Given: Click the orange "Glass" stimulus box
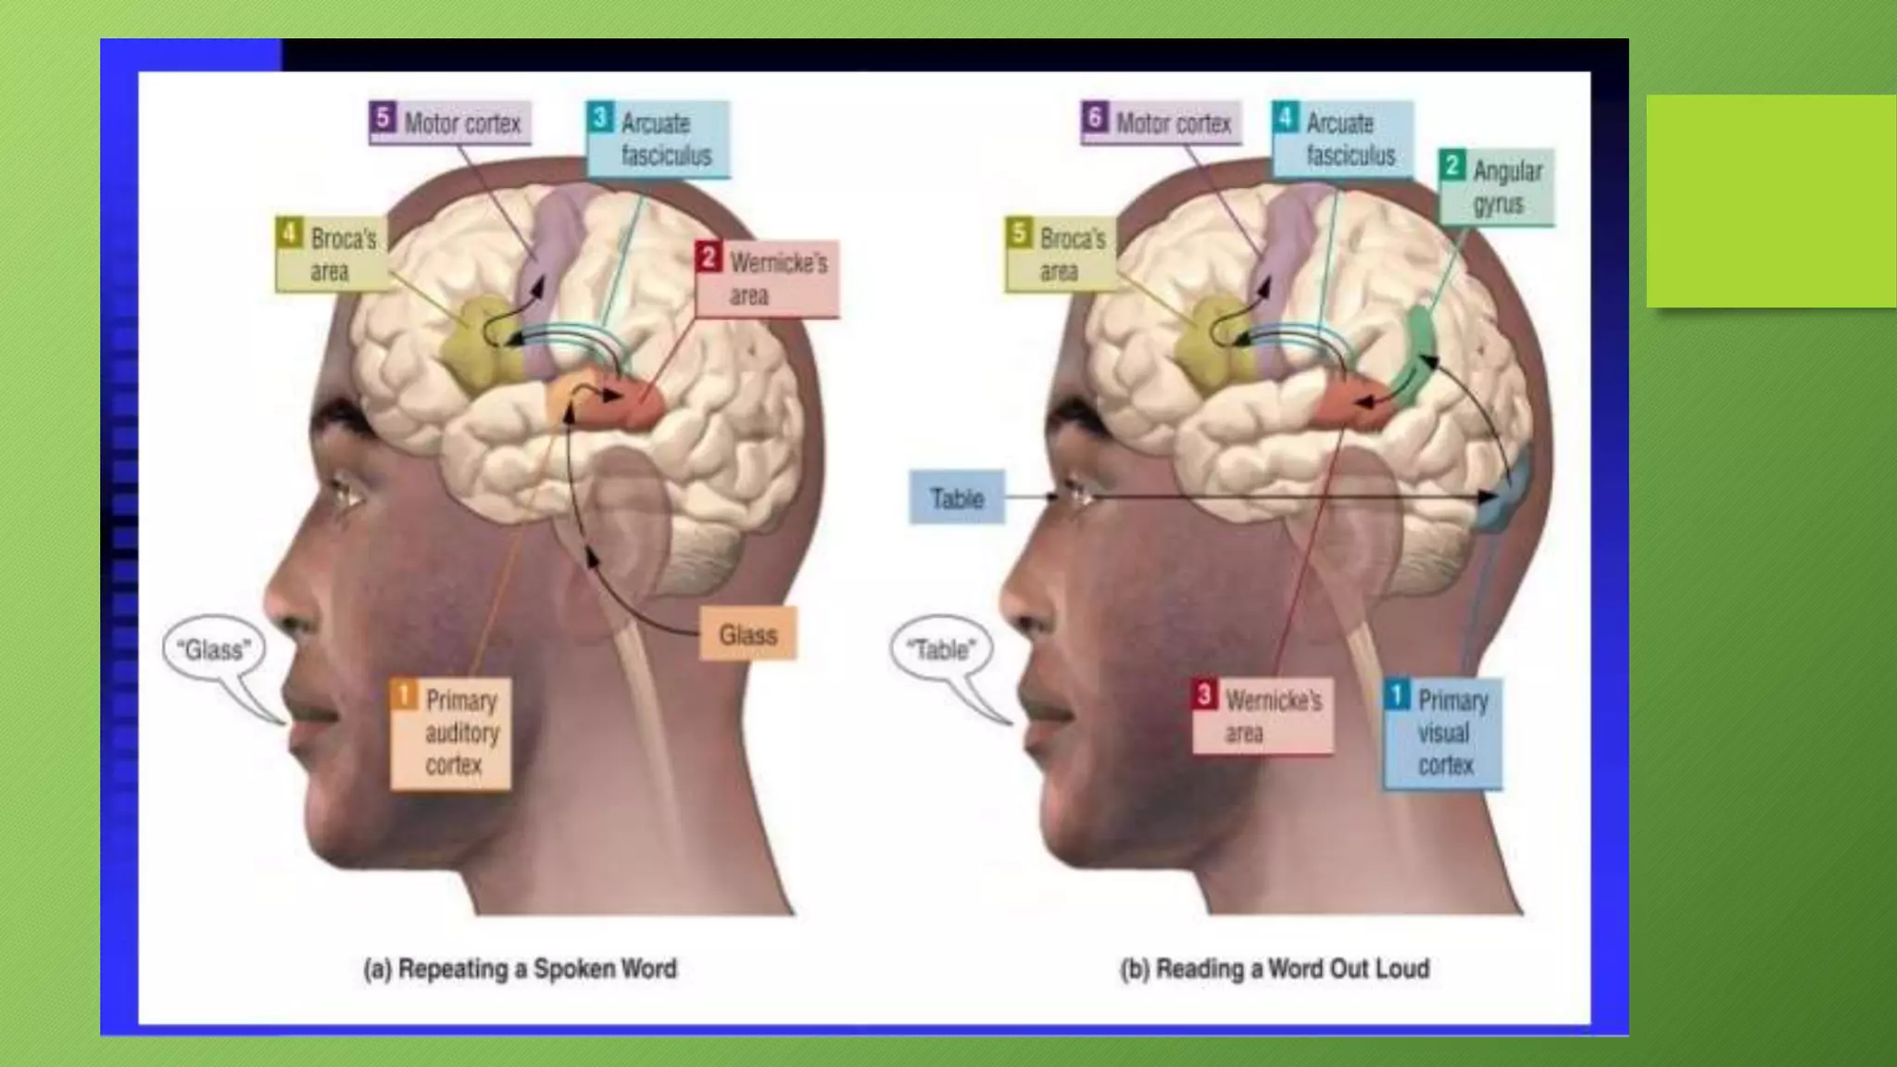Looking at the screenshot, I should [747, 634].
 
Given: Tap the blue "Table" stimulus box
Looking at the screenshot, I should [957, 498].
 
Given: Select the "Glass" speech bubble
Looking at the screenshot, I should [214, 649].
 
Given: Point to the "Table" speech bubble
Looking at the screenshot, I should [941, 649].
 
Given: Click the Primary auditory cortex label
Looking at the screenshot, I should [451, 733].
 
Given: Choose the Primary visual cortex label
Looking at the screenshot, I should [1442, 733].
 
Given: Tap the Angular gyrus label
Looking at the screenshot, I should [1496, 187].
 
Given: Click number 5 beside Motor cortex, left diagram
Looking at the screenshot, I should [382, 119].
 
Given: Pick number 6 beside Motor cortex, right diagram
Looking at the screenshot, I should [1095, 119].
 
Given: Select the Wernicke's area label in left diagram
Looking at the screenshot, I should [767, 278].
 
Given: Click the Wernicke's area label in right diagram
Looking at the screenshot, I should [1262, 716].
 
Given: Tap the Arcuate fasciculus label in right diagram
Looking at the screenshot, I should [1342, 139].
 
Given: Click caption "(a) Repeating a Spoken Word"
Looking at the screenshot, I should [520, 969].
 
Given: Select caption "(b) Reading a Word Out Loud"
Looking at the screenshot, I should [1275, 969].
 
